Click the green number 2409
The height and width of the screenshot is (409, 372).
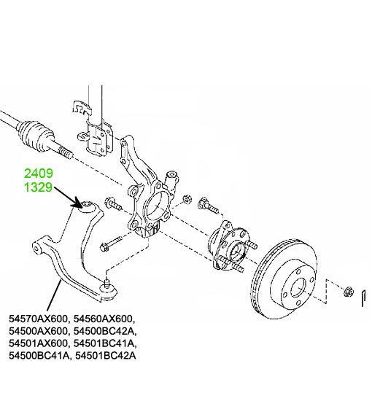(39, 174)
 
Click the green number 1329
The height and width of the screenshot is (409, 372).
(39, 187)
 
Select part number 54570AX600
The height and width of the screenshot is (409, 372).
(38, 319)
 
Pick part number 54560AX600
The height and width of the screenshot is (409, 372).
(104, 319)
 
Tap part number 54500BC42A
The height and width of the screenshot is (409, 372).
(104, 331)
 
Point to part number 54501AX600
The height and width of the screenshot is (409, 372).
(38, 343)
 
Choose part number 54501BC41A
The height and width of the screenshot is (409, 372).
(104, 343)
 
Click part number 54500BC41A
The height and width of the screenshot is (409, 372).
(39, 356)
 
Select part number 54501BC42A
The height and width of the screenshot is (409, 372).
(106, 356)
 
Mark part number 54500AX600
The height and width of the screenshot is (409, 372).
(38, 331)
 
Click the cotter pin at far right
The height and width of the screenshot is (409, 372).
(364, 297)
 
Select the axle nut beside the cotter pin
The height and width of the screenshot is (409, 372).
(348, 291)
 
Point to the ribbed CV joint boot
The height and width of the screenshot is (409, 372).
(35, 135)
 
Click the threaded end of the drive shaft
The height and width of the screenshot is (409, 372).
(64, 152)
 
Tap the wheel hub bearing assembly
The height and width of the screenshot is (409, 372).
(230, 246)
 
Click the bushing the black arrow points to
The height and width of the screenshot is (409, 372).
(86, 205)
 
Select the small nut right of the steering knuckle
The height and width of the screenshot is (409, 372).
(187, 200)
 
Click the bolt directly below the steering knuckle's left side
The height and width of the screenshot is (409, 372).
(111, 243)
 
